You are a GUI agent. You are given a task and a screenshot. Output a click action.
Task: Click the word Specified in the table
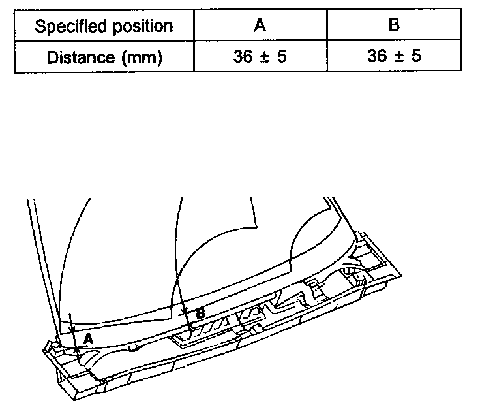67,27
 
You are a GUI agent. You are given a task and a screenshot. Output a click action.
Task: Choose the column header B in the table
394,27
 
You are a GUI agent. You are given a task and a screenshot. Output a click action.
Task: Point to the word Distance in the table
77,57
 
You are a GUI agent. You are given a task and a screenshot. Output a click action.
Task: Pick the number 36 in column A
243,56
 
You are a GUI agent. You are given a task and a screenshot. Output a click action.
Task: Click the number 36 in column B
376,56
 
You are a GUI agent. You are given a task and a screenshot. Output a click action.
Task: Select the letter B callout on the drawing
201,313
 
